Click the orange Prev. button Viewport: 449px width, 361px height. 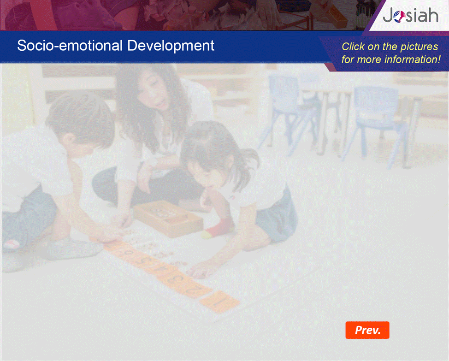point(367,330)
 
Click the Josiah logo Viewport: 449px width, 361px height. point(410,15)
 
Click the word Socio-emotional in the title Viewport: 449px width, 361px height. point(70,46)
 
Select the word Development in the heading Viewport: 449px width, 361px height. point(171,46)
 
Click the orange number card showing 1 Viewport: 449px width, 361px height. point(219,302)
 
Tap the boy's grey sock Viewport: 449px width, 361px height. point(73,249)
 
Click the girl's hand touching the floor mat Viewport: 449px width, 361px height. point(201,271)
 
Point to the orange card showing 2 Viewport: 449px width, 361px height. point(195,290)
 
